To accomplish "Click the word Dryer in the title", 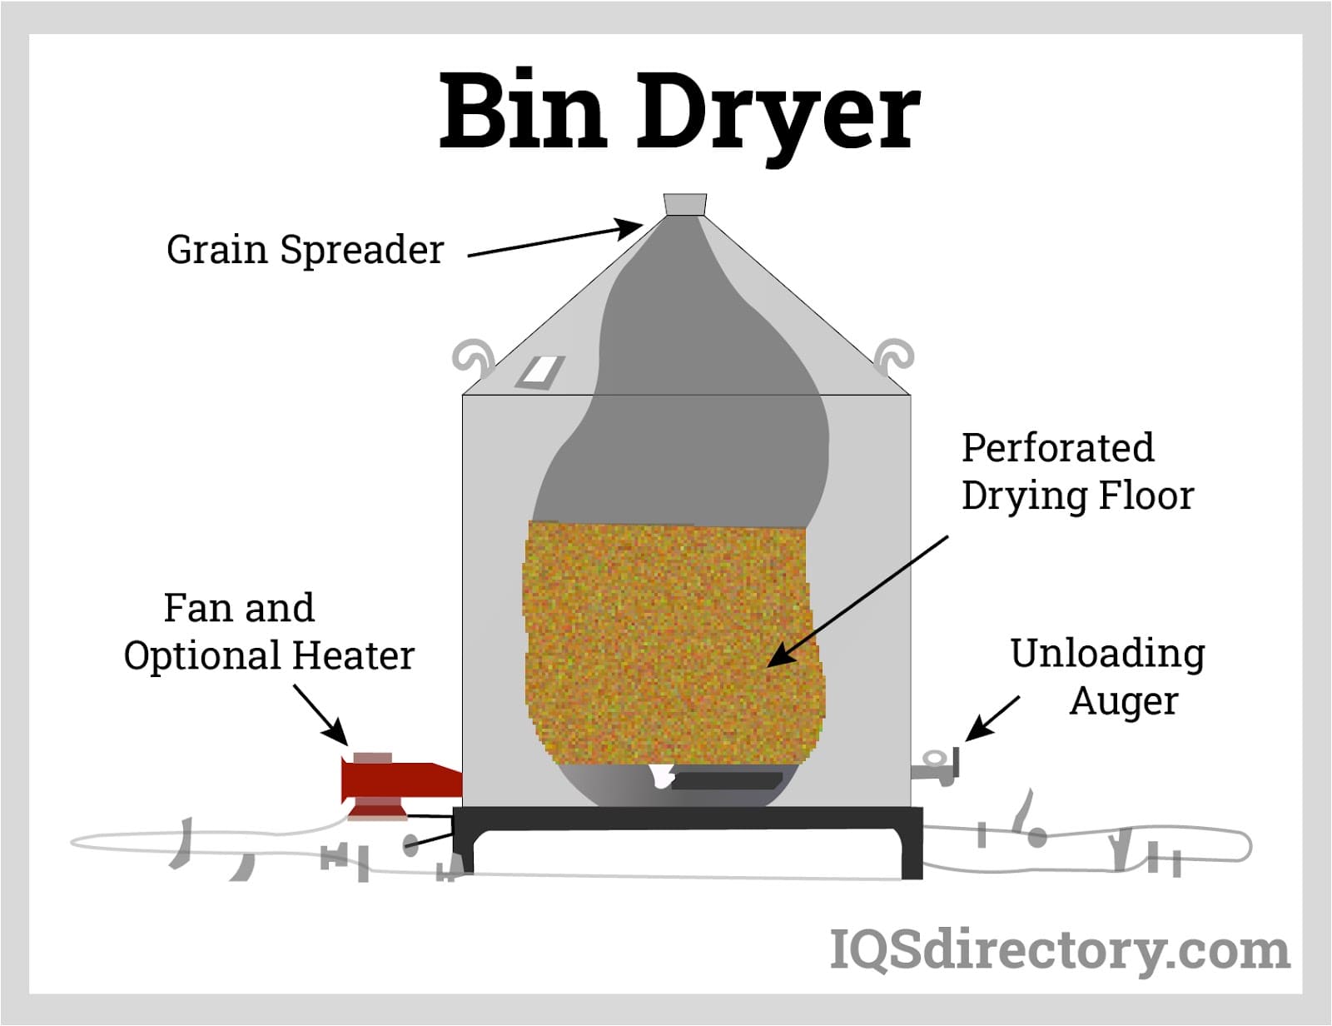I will click(778, 117).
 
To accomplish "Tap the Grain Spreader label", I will click(305, 249).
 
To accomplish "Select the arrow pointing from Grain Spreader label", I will click(554, 240).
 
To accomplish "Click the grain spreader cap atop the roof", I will click(684, 205).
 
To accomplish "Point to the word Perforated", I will click(1057, 447).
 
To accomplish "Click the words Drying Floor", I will click(1077, 496).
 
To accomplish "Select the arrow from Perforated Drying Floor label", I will click(857, 600).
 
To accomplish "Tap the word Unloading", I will click(1107, 654).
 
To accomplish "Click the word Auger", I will click(1123, 700).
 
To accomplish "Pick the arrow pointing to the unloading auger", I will click(992, 718).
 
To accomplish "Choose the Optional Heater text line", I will click(269, 655).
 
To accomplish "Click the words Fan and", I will click(239, 608).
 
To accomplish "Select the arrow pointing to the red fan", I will click(321, 715).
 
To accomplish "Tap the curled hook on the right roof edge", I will click(893, 356).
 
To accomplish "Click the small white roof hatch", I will click(539, 371).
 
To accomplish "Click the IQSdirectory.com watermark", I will click(1059, 950).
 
